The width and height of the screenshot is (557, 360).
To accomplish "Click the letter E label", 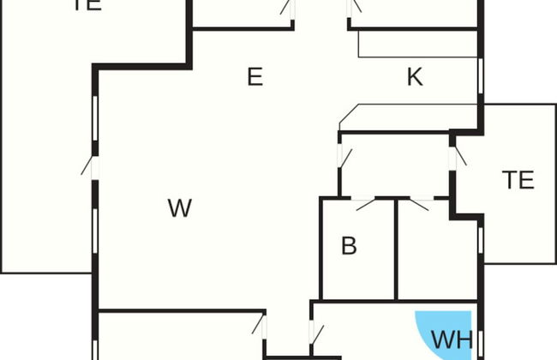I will [254, 77].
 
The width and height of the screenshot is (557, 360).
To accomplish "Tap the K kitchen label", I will [415, 77].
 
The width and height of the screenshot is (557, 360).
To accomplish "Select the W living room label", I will [179, 207].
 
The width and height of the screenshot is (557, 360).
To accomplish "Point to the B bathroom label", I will [349, 246].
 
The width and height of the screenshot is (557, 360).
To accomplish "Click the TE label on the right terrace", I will [518, 180].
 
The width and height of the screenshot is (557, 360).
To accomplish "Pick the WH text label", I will [452, 339].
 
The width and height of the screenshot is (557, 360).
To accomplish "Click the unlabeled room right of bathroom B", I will [437, 253].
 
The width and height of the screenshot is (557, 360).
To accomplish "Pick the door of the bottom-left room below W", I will [261, 327].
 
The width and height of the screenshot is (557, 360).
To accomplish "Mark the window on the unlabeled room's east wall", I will [481, 244].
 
